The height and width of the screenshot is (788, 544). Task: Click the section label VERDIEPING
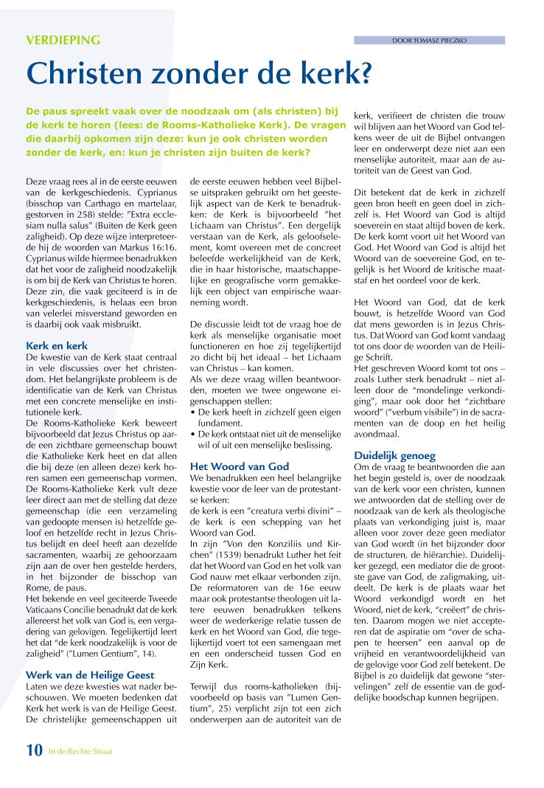coord(63,41)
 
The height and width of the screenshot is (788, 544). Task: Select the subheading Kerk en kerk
coord(56,345)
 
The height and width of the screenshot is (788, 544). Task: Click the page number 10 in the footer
coord(34,751)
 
